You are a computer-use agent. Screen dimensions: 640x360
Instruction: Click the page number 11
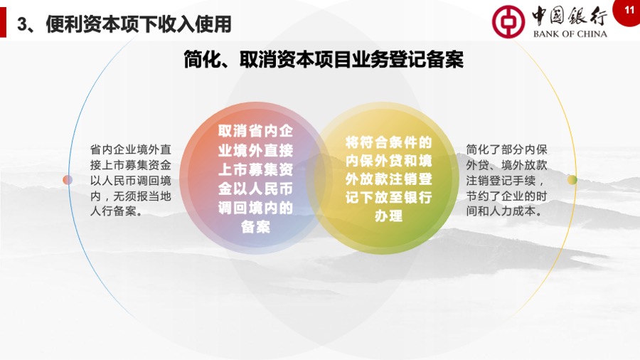(629, 9)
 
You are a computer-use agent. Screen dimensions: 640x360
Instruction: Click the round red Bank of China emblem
(508, 21)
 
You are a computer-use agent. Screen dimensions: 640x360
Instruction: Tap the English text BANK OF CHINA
(570, 34)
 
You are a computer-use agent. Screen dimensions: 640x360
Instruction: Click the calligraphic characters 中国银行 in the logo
(570, 16)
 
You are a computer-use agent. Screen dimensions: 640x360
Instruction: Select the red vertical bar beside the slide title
(3, 22)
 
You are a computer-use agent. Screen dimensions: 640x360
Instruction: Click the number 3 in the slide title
(22, 24)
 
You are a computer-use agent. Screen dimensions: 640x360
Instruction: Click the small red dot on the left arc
(68, 179)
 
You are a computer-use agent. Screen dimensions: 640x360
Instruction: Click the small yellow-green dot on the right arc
(572, 179)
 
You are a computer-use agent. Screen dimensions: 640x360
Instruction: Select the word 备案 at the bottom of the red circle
(255, 227)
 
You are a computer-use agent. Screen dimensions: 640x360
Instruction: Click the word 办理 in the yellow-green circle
(388, 216)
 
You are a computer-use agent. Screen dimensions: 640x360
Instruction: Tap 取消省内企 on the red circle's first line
(255, 131)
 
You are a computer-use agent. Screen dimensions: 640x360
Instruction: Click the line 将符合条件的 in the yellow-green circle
(388, 142)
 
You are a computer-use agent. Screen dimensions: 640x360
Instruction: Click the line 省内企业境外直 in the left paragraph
(131, 149)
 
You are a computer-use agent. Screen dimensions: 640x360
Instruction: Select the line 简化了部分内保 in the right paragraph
(506, 149)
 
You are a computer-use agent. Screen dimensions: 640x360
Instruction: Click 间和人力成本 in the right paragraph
(501, 211)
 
